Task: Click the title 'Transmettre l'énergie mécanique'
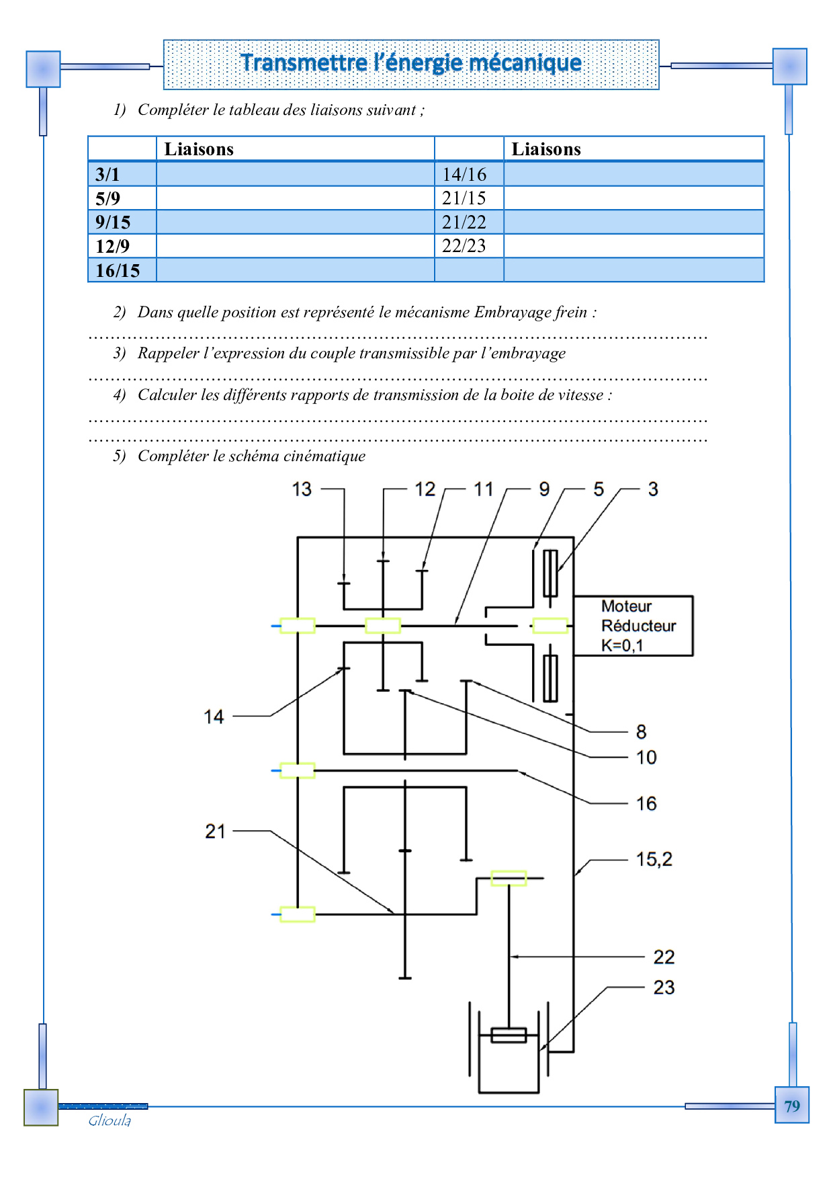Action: click(x=410, y=63)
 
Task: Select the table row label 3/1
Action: click(x=107, y=174)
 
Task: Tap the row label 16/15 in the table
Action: click(x=118, y=270)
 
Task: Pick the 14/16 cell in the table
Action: click(x=464, y=174)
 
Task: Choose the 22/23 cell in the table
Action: click(x=464, y=246)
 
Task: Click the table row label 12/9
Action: click(x=112, y=246)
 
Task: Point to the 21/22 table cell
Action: click(x=464, y=222)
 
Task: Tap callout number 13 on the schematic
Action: click(x=302, y=489)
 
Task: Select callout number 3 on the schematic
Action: click(x=653, y=489)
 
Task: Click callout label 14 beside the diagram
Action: click(x=214, y=717)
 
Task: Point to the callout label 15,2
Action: click(x=654, y=859)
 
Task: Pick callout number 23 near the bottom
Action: click(x=664, y=987)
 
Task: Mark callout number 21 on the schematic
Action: click(x=215, y=831)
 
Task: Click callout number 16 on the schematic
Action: click(x=646, y=803)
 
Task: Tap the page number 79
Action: click(x=792, y=1106)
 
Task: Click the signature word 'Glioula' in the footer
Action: click(x=109, y=1121)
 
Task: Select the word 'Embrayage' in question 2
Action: click(x=511, y=312)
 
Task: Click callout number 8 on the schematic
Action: click(x=641, y=731)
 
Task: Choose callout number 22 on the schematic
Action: click(x=664, y=957)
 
